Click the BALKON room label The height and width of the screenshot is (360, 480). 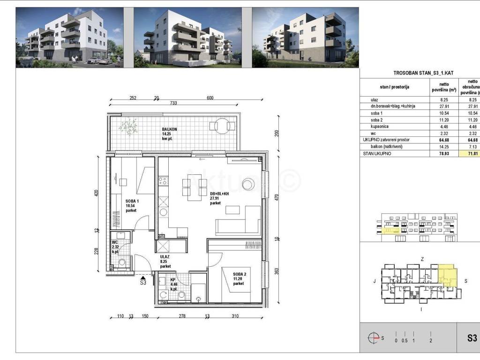[x=169, y=129]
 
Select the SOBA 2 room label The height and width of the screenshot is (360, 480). [x=238, y=274]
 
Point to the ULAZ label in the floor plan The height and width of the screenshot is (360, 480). [x=165, y=257]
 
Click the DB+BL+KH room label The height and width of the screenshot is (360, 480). [x=219, y=194]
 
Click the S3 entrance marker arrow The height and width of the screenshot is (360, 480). [x=143, y=277]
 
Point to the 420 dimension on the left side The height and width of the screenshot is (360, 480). [x=97, y=193]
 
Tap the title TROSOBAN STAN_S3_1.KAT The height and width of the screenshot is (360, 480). [x=420, y=73]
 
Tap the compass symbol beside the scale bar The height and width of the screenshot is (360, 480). [x=374, y=337]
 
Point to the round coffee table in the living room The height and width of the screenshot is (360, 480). [x=247, y=186]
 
